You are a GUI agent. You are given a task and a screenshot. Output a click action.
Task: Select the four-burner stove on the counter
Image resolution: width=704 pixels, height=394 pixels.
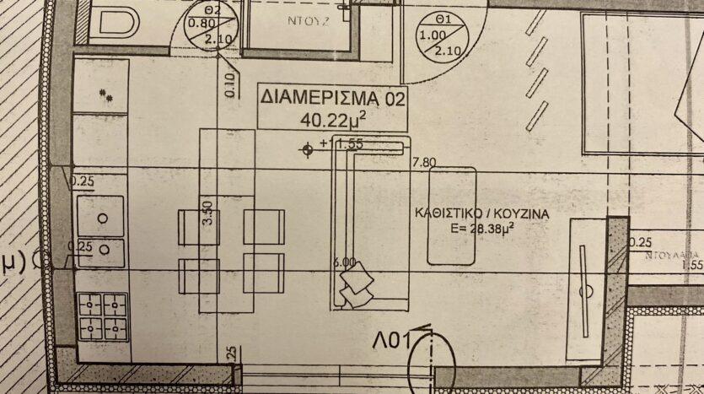pyautogui.click(x=102, y=316)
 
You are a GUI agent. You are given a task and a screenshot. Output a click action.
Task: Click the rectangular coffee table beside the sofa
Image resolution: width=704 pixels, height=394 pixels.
pyautogui.click(x=453, y=215)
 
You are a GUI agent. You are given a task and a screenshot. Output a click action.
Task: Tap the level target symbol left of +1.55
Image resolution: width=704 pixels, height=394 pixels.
pyautogui.click(x=308, y=150)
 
